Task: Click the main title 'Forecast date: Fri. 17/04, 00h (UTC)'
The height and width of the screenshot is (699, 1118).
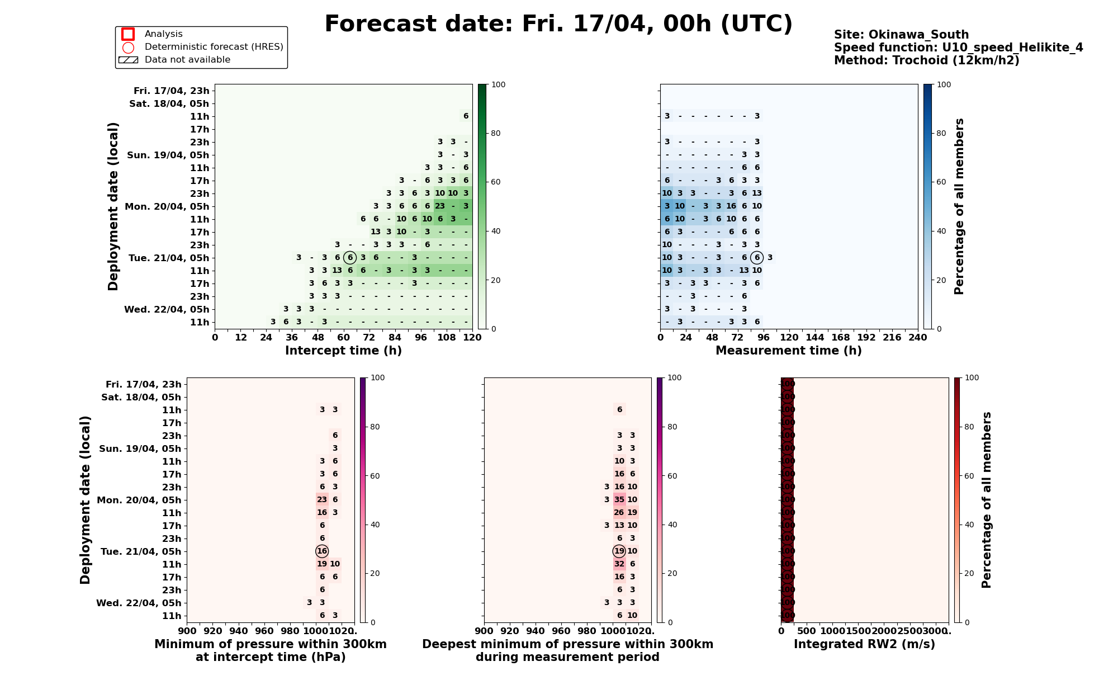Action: point(558,25)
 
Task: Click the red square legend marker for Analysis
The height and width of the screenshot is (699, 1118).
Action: point(128,34)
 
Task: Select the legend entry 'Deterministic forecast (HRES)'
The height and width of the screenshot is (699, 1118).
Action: point(214,47)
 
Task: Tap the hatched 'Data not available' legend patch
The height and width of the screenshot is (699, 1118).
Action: point(128,60)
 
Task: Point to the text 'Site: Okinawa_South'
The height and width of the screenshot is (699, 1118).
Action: point(901,35)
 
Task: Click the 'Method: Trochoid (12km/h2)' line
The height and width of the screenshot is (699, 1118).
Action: point(926,60)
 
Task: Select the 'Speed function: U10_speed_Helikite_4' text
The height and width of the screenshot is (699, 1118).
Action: point(958,48)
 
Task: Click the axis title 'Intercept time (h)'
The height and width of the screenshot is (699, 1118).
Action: point(343,351)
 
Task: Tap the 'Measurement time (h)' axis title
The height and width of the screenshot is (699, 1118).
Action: point(788,351)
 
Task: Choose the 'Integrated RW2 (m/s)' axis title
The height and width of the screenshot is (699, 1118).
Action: point(864,644)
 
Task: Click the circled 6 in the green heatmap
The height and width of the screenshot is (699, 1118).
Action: point(350,258)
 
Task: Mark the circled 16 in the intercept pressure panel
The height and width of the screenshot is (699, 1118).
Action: point(322,551)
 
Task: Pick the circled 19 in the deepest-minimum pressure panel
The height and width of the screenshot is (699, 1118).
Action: point(619,551)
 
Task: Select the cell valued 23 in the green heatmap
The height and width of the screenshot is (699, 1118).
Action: point(440,206)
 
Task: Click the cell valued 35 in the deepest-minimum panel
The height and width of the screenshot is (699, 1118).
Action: point(619,500)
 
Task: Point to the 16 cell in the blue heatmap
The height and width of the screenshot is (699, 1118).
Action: point(731,206)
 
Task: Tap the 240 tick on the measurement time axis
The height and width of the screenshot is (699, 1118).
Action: point(917,338)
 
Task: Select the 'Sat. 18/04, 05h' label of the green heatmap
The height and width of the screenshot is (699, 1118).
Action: point(169,103)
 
